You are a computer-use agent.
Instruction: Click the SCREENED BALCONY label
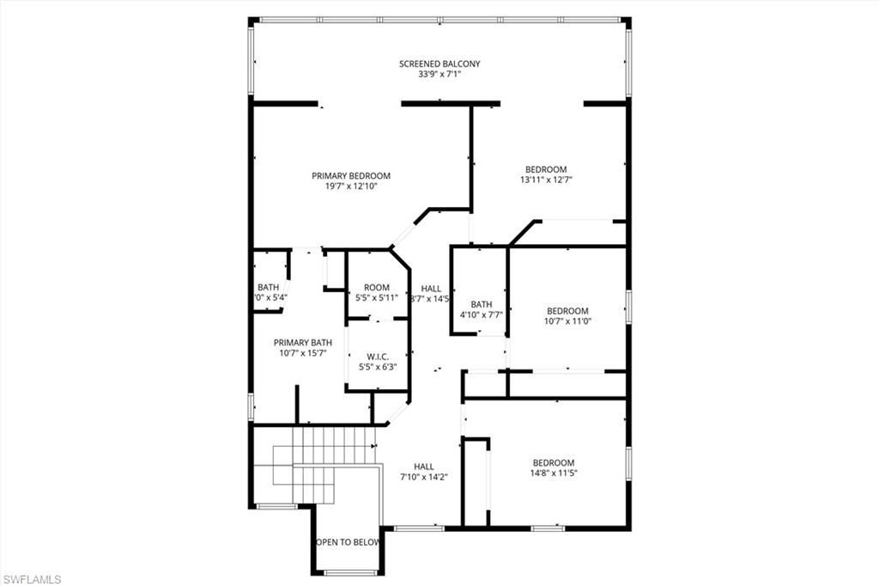click(439, 64)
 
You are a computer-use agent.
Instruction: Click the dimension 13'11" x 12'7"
click(546, 180)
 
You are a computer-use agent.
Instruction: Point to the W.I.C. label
click(377, 356)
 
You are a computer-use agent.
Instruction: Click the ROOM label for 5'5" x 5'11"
click(377, 288)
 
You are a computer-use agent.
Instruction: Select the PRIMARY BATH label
click(303, 342)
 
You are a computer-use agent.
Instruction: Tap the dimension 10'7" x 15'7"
click(303, 352)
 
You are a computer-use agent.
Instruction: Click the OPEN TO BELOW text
click(348, 542)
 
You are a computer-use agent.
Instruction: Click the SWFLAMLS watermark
click(32, 579)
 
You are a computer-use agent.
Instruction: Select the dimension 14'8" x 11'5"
click(553, 473)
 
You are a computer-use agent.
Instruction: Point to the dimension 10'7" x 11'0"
click(568, 320)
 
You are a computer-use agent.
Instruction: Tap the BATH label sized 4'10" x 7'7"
click(482, 304)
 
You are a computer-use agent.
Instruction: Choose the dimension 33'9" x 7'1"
click(439, 75)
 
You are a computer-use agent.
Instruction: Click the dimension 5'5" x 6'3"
click(377, 366)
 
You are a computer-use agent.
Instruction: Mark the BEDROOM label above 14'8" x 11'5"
click(553, 462)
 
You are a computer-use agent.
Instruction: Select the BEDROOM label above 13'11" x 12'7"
click(546, 169)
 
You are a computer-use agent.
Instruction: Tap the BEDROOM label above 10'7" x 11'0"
click(568, 310)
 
